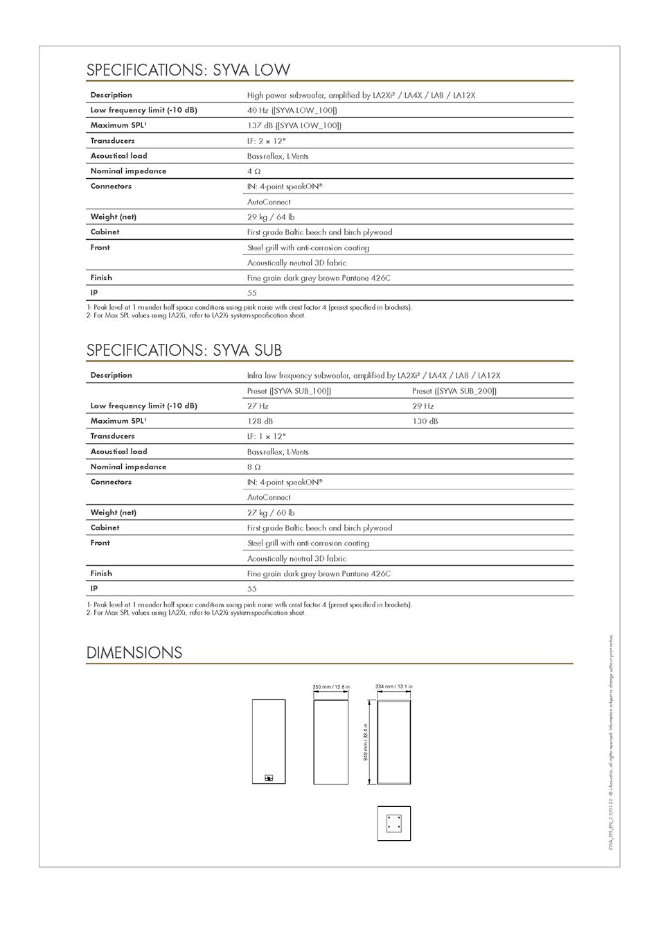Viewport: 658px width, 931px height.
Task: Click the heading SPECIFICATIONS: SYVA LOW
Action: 188,70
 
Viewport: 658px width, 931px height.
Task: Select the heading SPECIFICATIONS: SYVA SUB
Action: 184,350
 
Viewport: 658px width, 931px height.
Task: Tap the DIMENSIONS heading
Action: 134,653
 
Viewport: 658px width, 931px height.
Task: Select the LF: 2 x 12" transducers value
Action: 266,141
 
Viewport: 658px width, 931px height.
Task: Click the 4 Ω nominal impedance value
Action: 254,171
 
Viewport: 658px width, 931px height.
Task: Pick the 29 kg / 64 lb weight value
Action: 271,217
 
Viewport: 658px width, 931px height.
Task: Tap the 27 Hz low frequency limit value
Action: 258,406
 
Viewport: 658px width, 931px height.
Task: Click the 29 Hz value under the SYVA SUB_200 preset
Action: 423,406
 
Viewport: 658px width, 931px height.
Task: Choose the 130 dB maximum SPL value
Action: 425,421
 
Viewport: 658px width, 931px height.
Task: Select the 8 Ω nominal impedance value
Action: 254,467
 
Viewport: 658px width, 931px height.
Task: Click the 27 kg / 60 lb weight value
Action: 271,513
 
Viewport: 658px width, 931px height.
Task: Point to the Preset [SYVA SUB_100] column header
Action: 289,391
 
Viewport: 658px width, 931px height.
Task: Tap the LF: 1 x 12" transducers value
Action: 266,437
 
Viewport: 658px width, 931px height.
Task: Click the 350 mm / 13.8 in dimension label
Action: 331,687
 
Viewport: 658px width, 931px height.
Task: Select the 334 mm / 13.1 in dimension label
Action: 393,686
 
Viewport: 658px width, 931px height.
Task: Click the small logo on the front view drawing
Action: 269,778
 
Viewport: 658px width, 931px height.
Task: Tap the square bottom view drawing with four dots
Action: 394,823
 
